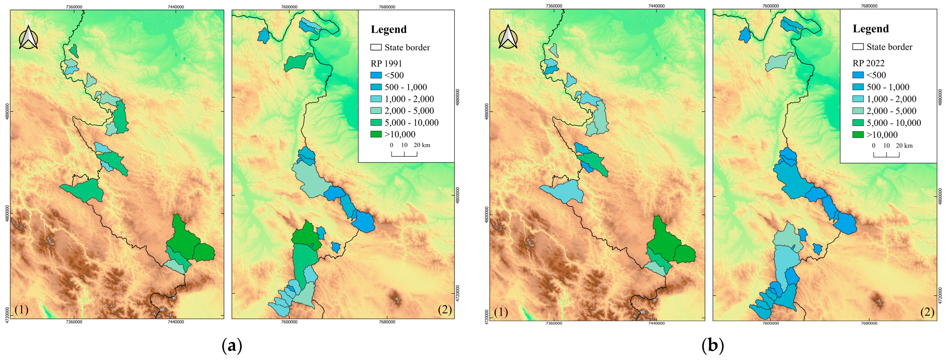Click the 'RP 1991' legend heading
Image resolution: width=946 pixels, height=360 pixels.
386,63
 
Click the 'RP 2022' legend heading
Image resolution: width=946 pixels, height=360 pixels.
868,63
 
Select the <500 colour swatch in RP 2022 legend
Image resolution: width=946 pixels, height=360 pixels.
858,75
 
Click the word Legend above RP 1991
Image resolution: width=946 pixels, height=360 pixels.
389,29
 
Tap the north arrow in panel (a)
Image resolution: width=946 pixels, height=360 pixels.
28,36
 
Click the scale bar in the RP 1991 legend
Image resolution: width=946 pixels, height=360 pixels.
404,154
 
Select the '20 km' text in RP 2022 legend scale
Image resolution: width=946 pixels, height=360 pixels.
904,146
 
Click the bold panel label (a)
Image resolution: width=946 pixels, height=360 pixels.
232,346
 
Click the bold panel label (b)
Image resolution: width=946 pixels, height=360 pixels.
713,346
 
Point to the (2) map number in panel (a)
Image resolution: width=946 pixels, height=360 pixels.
445,310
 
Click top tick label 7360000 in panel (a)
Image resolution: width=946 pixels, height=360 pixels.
74,7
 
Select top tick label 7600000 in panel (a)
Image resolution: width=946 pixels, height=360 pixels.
289,7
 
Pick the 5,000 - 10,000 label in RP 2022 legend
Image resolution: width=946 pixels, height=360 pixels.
894,123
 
